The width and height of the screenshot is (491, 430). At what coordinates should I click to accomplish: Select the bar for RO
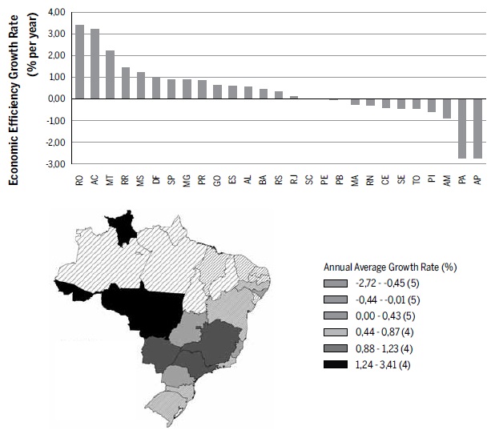pos(79,62)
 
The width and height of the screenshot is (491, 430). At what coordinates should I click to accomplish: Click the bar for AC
pos(95,64)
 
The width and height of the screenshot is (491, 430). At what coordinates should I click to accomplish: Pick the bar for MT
pos(110,74)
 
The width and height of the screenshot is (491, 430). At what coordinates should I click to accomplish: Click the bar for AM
pos(447,108)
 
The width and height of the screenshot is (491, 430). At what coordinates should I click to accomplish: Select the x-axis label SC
pos(308,182)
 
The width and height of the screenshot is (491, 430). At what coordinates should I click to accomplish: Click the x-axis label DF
pos(155,182)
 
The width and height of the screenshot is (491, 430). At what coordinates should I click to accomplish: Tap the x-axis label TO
pos(417,182)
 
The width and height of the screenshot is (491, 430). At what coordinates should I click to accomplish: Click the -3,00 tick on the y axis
pos(56,163)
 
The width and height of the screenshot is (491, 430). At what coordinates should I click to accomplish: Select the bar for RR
pos(125,82)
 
